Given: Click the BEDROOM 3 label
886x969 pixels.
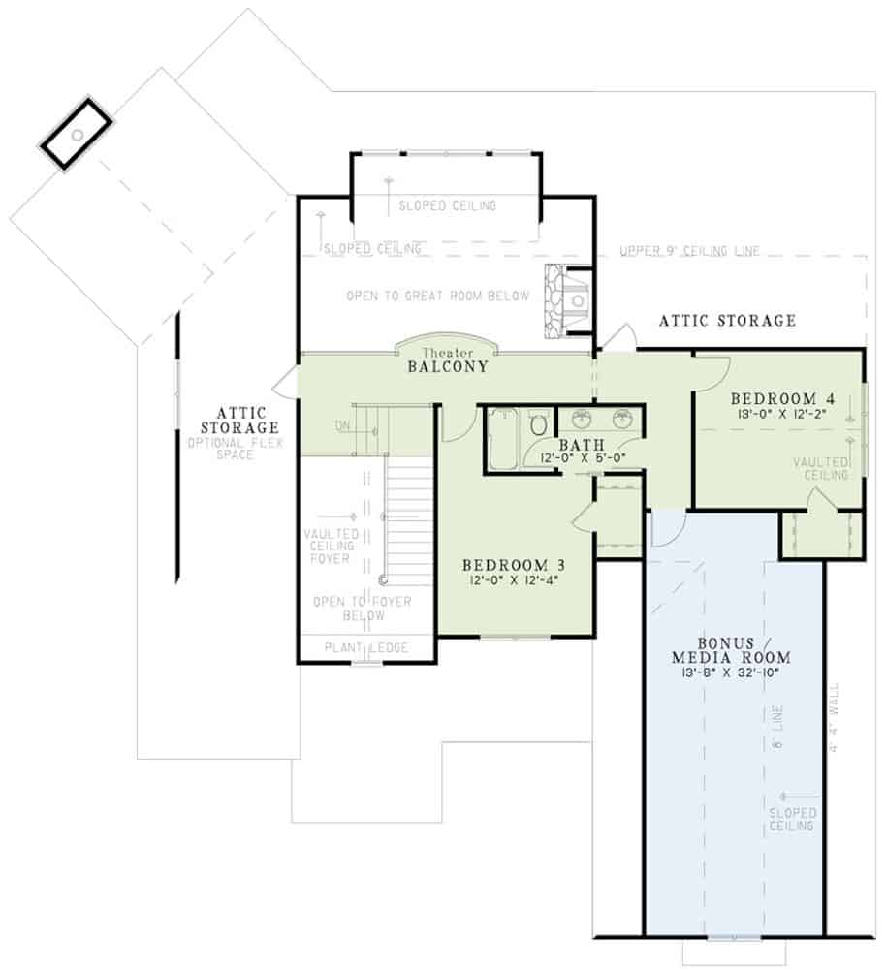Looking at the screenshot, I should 513,565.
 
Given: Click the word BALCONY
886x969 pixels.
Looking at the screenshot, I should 447,368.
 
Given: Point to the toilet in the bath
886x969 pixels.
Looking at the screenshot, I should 539,425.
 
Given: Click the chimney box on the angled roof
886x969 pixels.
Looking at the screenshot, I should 76,133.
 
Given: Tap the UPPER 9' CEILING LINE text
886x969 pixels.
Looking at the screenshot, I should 689,252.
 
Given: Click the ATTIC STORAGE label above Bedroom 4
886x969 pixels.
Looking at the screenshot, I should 727,320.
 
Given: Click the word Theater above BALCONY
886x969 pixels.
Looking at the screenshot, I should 446,354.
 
